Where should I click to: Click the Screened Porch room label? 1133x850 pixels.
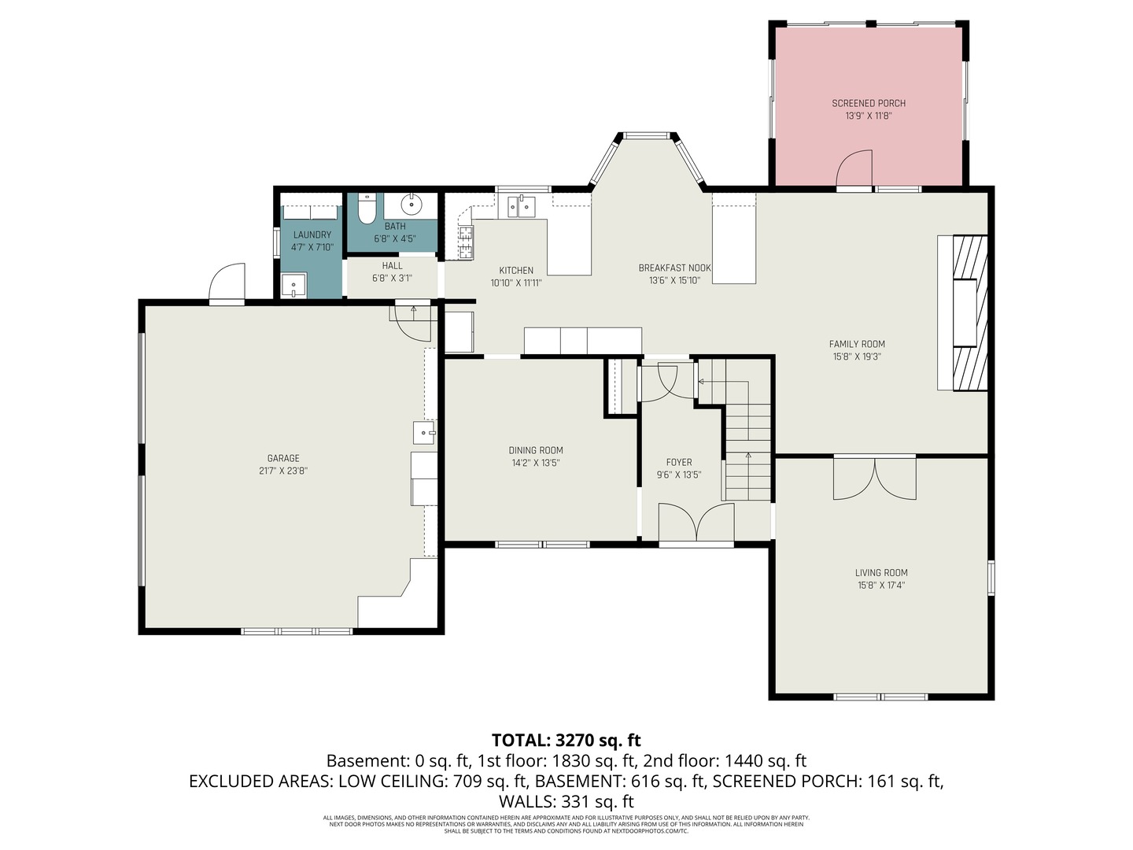pyautogui.click(x=869, y=103)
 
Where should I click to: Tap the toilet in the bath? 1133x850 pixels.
pyautogui.click(x=367, y=209)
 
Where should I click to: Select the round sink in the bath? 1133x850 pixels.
pyautogui.click(x=411, y=205)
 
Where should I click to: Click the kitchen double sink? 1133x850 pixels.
pyautogui.click(x=521, y=206)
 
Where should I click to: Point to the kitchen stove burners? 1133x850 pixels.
pyautogui.click(x=466, y=242)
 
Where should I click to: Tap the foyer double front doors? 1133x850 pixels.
pyautogui.click(x=696, y=523)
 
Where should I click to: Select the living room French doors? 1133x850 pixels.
pyautogui.click(x=874, y=478)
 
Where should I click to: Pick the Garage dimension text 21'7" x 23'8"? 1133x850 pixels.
pyautogui.click(x=283, y=471)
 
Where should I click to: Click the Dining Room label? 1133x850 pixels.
pyautogui.click(x=536, y=450)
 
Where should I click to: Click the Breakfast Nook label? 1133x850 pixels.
pyautogui.click(x=674, y=268)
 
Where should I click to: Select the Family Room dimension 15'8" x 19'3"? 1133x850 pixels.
pyautogui.click(x=857, y=357)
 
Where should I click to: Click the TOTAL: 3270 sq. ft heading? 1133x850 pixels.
pyautogui.click(x=566, y=740)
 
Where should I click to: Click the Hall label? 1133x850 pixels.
pyautogui.click(x=392, y=266)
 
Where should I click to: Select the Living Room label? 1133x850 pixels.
pyautogui.click(x=881, y=573)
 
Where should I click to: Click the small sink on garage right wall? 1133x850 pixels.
pyautogui.click(x=424, y=433)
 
